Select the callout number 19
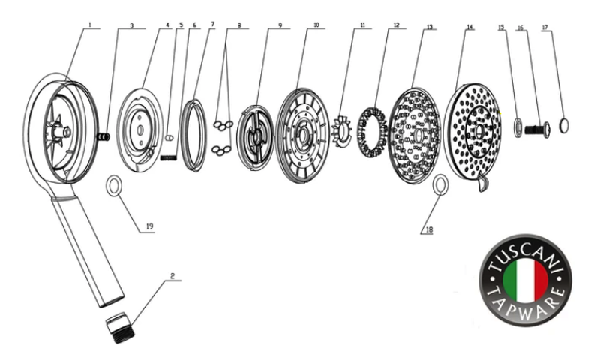pyautogui.click(x=150, y=227)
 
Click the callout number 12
pyautogui.click(x=396, y=25)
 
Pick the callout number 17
pyautogui.click(x=545, y=28)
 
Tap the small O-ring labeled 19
pyautogui.click(x=114, y=185)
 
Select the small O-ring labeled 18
pyautogui.click(x=441, y=183)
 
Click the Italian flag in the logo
pyautogui.click(x=525, y=277)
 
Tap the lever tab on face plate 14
pyautogui.click(x=481, y=183)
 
